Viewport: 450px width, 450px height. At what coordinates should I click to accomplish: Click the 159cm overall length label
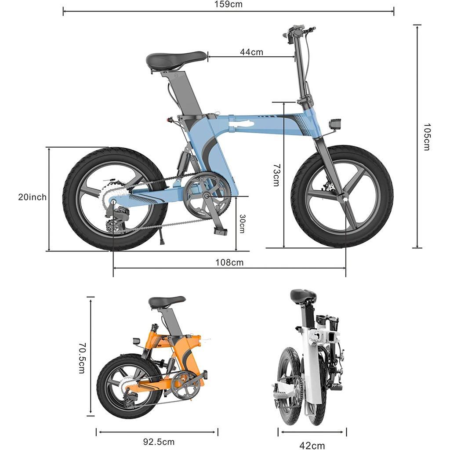coord(228,4)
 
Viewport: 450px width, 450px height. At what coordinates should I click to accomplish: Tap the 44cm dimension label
coord(251,52)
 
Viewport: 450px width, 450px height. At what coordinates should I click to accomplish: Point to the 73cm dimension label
coord(276,175)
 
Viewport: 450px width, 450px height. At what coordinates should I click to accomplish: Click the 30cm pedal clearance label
coord(242,224)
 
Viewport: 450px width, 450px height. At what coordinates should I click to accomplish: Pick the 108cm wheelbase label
coord(229,263)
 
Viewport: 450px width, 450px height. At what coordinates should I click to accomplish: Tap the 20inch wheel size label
coord(32,197)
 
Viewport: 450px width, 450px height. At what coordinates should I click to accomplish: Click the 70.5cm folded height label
coord(81,358)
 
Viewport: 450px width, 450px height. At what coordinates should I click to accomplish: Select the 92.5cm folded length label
coord(159,442)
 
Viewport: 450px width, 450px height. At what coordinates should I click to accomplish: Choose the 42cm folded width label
coord(312,445)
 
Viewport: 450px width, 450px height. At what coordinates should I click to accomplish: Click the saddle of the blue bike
coord(176,60)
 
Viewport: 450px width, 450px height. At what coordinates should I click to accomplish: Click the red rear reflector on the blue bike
coord(169,120)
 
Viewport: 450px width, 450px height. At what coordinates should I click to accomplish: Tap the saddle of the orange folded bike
coord(167,301)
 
